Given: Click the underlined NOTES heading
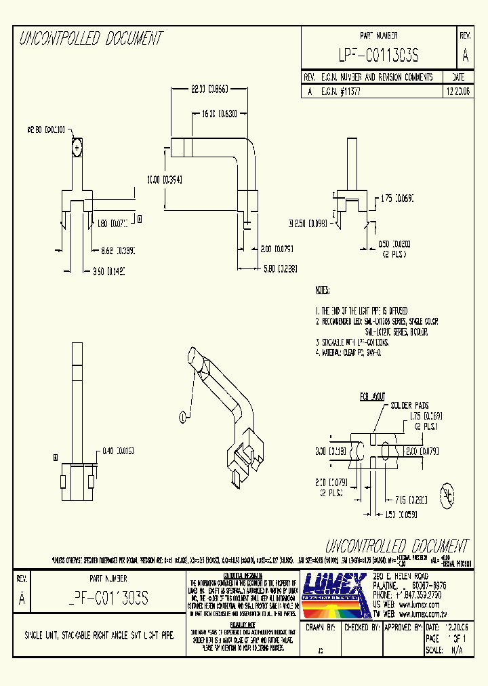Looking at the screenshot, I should click(x=322, y=290).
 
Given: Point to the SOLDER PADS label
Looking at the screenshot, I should click(x=409, y=405).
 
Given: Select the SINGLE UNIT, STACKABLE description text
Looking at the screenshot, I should click(x=99, y=635).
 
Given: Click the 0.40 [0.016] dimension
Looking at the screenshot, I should click(x=118, y=450).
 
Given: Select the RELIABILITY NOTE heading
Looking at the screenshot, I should click(x=242, y=624).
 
